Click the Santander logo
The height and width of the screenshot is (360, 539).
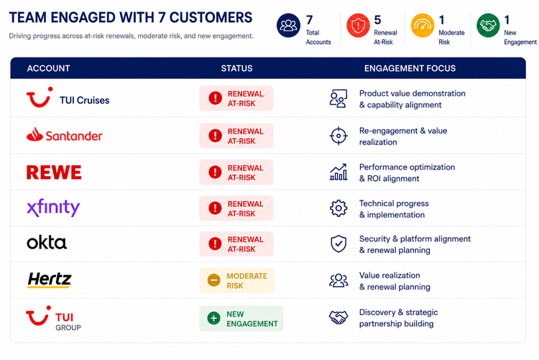[x=64, y=135]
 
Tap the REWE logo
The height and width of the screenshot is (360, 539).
[x=54, y=172]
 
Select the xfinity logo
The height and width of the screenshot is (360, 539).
[x=53, y=208]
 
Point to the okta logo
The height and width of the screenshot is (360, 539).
[x=47, y=242]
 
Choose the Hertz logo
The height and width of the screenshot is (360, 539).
[x=50, y=280]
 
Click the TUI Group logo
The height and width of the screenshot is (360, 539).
[x=54, y=318]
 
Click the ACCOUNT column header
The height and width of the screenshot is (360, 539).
[x=48, y=68]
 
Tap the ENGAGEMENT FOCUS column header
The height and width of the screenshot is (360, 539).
[x=410, y=68]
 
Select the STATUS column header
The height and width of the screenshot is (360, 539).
[x=236, y=68]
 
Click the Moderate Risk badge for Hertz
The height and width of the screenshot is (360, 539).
[x=237, y=280]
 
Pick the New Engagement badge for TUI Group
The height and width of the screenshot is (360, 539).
[x=241, y=319]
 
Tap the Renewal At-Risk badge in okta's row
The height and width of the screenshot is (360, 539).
[x=236, y=244]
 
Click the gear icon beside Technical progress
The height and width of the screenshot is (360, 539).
[x=338, y=208]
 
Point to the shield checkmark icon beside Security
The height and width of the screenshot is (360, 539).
[x=338, y=244]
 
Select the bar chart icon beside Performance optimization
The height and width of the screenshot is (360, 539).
[x=338, y=172]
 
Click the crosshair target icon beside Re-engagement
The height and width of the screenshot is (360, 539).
[x=338, y=136]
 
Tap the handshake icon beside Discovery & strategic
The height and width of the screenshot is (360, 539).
[x=338, y=318]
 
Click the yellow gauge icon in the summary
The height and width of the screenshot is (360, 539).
[x=423, y=25]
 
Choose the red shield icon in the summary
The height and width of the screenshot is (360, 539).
[x=358, y=25]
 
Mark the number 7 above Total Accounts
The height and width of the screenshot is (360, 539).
[x=309, y=20]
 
